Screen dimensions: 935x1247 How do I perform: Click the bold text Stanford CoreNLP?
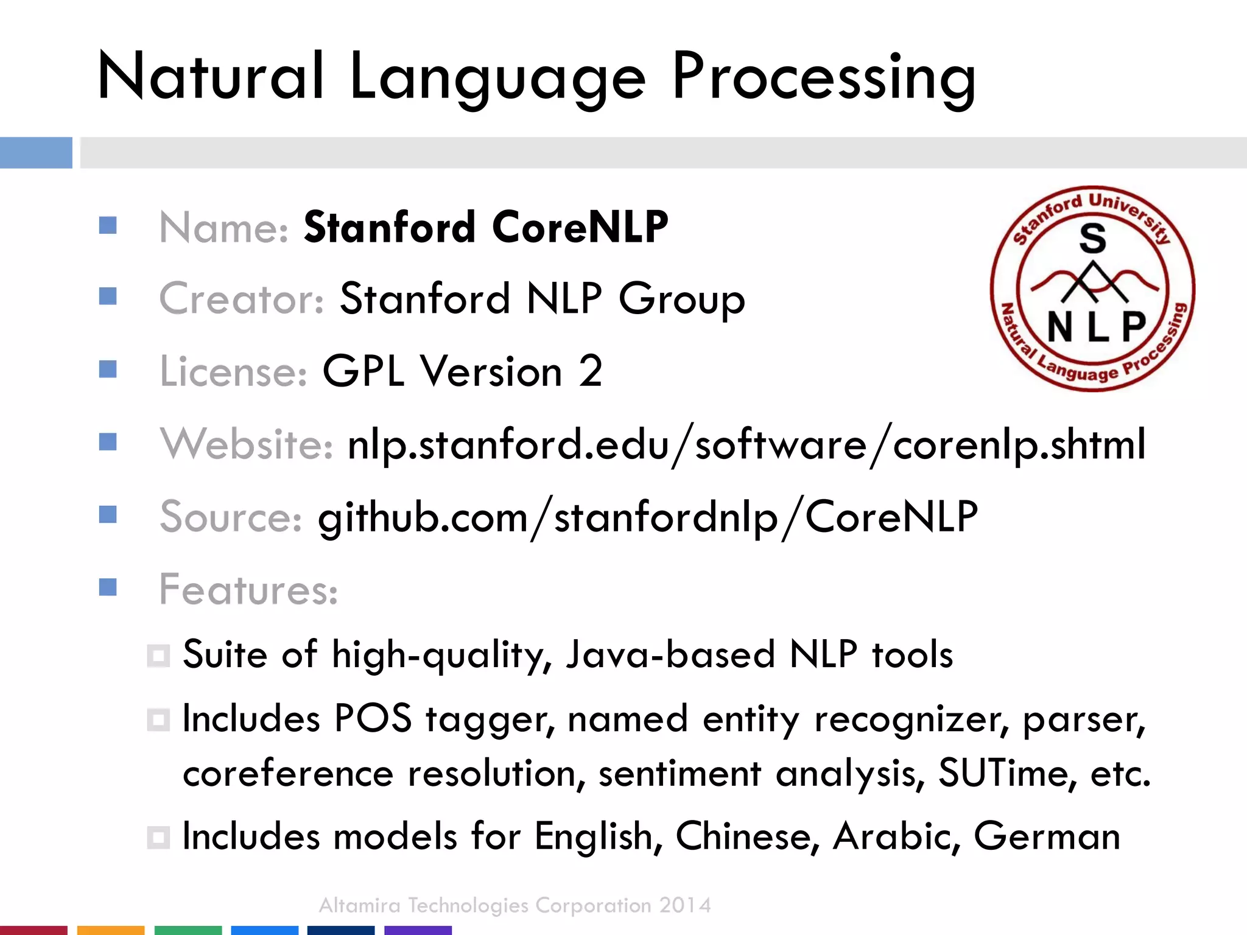(x=486, y=227)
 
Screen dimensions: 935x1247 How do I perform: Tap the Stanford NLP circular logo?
(x=1092, y=288)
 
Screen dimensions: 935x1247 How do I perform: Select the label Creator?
(x=242, y=299)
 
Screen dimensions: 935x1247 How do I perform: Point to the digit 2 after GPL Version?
(x=590, y=371)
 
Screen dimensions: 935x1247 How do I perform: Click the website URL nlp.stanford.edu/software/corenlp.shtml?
(x=746, y=444)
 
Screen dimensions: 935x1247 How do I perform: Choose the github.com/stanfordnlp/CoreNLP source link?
(x=648, y=517)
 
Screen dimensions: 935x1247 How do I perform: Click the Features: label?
(x=248, y=589)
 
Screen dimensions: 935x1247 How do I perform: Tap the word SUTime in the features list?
(x=1002, y=773)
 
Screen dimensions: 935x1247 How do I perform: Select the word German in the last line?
(x=1047, y=836)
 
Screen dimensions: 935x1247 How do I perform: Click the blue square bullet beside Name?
(x=108, y=226)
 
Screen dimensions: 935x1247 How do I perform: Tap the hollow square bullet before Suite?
(x=158, y=656)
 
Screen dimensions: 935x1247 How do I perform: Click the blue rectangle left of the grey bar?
(x=36, y=152)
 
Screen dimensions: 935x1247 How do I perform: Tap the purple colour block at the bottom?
(x=418, y=930)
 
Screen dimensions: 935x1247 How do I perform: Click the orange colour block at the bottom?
(x=111, y=930)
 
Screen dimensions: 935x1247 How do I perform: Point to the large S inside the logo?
(x=1092, y=238)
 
